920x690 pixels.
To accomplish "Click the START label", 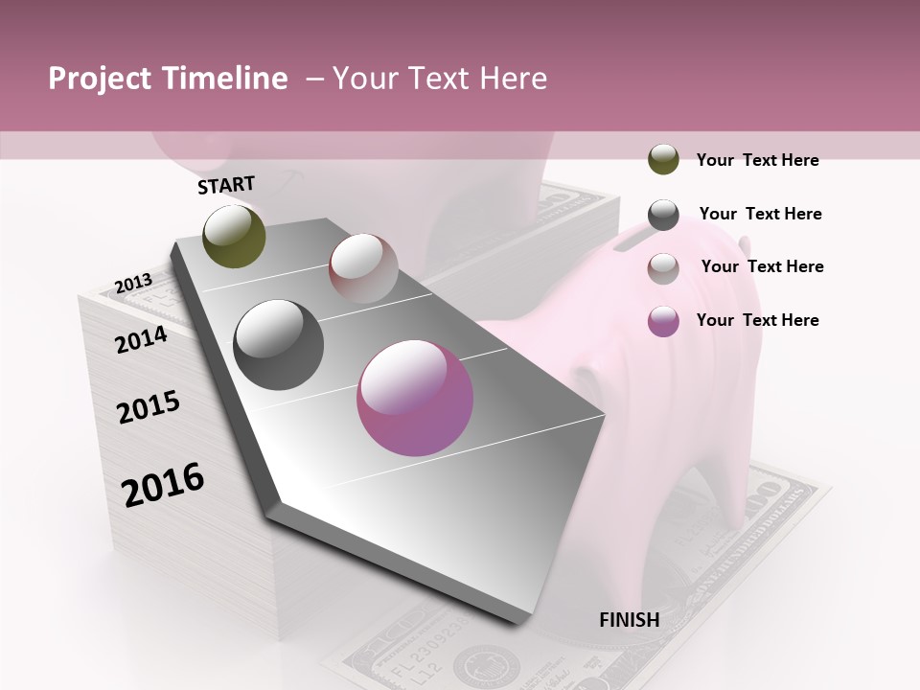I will click(x=226, y=185).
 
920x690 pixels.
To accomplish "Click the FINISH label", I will click(x=630, y=620).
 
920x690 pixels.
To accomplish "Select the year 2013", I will click(x=133, y=284).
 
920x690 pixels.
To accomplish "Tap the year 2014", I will click(x=141, y=339).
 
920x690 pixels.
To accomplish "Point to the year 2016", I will click(x=163, y=485).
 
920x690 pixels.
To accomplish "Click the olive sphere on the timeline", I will click(x=235, y=236).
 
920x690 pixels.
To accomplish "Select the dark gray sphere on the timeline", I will click(x=279, y=345).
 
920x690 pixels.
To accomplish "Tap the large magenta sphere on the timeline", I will click(x=415, y=399).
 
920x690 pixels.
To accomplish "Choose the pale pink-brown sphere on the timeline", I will click(x=363, y=268).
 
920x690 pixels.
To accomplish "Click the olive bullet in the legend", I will click(x=663, y=160).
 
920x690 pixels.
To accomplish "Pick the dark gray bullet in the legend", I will click(x=663, y=215).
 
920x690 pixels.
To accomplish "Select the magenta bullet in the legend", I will click(x=663, y=321).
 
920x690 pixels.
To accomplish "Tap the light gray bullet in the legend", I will click(x=663, y=267).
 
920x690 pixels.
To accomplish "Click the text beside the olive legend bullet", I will click(x=757, y=160).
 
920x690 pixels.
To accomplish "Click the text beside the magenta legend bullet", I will click(x=757, y=320).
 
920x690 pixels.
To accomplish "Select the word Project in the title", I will click(x=100, y=79).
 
